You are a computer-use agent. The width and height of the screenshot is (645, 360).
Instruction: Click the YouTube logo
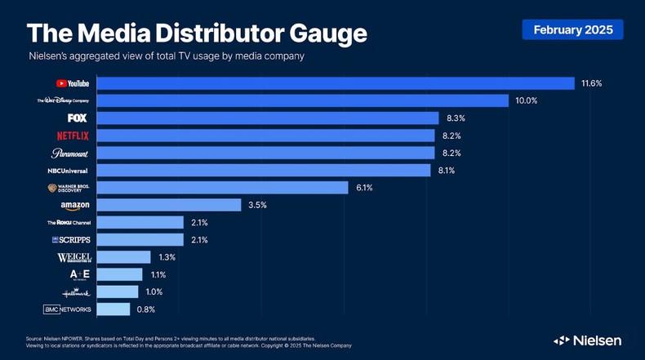click(73, 83)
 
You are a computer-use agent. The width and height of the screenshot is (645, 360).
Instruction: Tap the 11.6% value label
click(591, 83)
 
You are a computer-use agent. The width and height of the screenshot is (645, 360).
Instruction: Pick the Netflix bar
click(266, 136)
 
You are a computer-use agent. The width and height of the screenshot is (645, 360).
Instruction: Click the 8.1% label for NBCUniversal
click(447, 171)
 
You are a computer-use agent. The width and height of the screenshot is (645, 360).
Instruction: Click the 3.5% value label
click(257, 205)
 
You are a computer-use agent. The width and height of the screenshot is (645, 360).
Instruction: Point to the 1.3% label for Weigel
click(167, 257)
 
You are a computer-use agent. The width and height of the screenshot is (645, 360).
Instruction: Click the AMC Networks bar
click(113, 309)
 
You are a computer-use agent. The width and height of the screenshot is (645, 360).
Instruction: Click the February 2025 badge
click(572, 29)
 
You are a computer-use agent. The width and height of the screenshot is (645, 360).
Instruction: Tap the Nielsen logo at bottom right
click(587, 340)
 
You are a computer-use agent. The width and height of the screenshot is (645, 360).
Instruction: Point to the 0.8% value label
click(145, 309)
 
